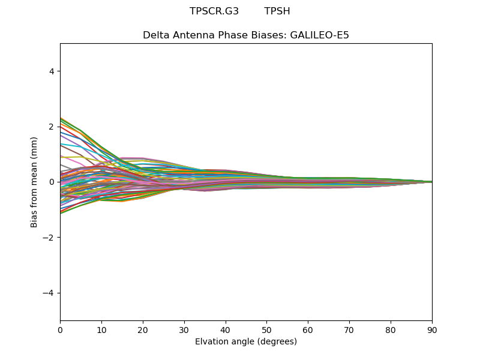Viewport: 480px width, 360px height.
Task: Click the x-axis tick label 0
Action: tap(60, 330)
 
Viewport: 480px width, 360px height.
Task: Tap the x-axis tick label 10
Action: tap(101, 330)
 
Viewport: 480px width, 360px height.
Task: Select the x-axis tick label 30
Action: tap(184, 330)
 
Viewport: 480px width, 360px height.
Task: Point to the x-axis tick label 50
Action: tap(266, 330)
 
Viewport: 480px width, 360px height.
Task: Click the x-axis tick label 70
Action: tap(349, 330)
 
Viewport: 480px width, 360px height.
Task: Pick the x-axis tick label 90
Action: tap(432, 330)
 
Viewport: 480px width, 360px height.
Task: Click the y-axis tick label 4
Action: tap(52, 71)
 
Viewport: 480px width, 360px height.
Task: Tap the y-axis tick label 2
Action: tap(52, 127)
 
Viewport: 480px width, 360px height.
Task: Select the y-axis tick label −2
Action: tap(49, 238)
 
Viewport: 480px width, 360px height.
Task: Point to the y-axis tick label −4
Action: tap(49, 293)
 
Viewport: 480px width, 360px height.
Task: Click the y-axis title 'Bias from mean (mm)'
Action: tap(34, 182)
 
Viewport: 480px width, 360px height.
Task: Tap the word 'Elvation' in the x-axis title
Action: tap(211, 342)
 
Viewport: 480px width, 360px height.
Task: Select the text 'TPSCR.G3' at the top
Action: tap(214, 11)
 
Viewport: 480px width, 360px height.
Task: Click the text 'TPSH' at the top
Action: tap(277, 11)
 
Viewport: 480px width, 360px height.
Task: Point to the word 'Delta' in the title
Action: tap(155, 35)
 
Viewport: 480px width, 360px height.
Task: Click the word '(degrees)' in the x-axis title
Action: tap(277, 342)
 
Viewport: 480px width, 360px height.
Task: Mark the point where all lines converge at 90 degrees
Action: tap(431, 182)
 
